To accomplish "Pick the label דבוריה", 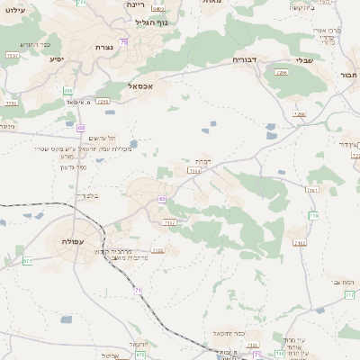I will click(245, 60).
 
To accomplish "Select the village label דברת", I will click(204, 161).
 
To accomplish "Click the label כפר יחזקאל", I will click(222, 333).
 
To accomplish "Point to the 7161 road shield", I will click(312, 190).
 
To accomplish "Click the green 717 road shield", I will click(313, 215).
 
